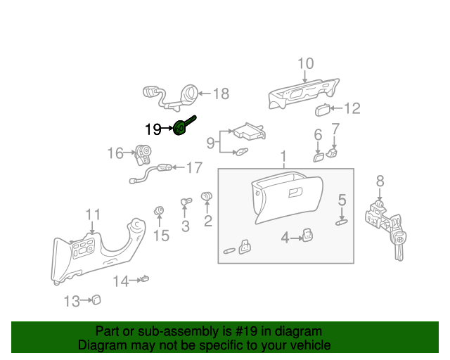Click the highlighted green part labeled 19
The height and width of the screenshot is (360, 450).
point(181,128)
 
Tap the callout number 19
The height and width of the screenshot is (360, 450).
point(153,129)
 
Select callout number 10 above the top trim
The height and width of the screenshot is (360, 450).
point(305,64)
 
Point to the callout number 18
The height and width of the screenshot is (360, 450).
point(221,94)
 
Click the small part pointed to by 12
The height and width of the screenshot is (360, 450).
point(323,108)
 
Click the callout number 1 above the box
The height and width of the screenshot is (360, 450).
point(283,156)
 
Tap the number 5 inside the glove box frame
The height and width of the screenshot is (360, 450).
point(342,200)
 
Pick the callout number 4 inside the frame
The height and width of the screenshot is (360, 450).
point(285,238)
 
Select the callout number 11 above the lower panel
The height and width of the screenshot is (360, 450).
point(94,214)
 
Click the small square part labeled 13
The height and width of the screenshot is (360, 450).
point(96,300)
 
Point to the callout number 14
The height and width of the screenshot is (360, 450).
point(121,281)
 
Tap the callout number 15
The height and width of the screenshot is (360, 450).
point(161,236)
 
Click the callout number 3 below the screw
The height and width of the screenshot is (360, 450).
point(186,226)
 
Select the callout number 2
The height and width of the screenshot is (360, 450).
point(208,222)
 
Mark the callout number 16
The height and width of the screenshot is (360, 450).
point(115,153)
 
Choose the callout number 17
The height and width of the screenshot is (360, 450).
point(194,167)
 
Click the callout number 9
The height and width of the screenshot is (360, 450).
point(210,143)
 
